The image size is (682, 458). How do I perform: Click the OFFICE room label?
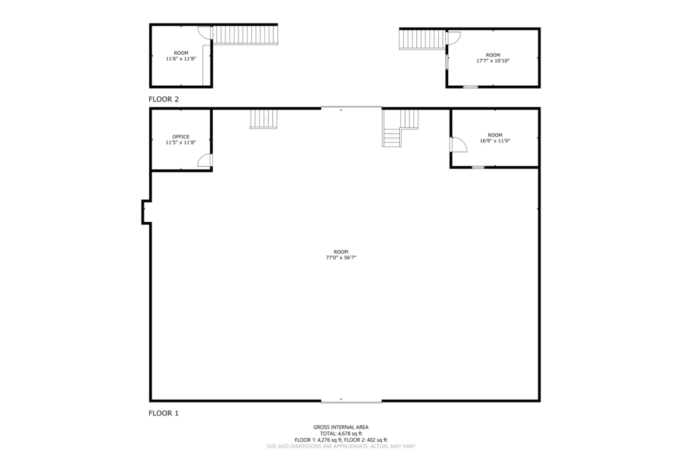tap(181, 137)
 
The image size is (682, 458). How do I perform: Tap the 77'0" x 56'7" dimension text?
tap(341, 257)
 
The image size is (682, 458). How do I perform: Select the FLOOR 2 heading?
tap(164, 99)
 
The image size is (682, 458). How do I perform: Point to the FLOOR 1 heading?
tap(164, 413)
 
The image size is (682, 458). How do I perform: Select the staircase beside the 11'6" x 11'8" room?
tap(245, 34)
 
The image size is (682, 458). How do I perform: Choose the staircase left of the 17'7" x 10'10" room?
tap(423, 39)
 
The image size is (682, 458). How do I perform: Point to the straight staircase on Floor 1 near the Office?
tap(263, 119)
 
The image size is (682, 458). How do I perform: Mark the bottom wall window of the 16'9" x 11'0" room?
tap(478, 167)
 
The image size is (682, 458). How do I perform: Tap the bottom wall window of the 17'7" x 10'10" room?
tap(470, 86)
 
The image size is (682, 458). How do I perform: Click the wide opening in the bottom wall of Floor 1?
tap(351, 401)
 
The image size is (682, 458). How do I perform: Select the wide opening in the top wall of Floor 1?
tap(351, 107)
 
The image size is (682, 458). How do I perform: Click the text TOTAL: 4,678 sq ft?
tap(341, 433)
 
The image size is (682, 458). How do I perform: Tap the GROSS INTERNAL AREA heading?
tap(341, 428)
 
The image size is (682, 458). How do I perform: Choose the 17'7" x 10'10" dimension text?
tap(493, 61)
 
